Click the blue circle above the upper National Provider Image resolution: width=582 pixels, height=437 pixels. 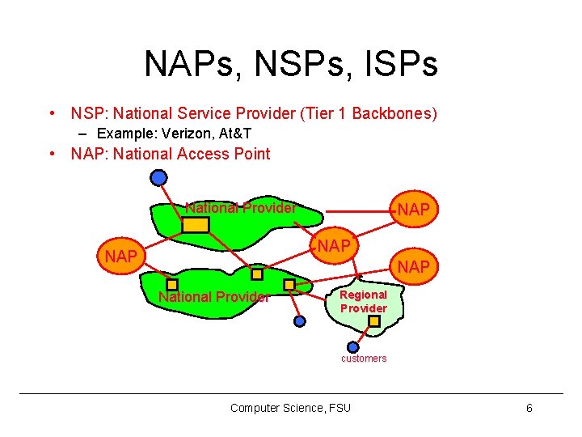point(159,177)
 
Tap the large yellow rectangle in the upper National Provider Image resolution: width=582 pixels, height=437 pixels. point(195,224)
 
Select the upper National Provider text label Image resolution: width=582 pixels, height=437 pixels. point(240,208)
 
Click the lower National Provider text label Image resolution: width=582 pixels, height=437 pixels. point(214,297)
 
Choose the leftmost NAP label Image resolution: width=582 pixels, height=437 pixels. point(120,257)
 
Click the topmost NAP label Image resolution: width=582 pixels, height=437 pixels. point(414,210)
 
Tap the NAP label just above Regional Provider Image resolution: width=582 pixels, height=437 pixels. point(414,266)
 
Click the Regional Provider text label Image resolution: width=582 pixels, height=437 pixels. point(363,302)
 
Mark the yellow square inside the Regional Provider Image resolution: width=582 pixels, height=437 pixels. point(374,321)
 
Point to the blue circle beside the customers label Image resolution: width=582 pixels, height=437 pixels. point(352,347)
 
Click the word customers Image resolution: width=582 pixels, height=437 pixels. point(364,359)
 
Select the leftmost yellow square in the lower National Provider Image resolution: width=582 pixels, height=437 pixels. point(172,284)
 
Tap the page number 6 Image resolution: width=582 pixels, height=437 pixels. point(529,408)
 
